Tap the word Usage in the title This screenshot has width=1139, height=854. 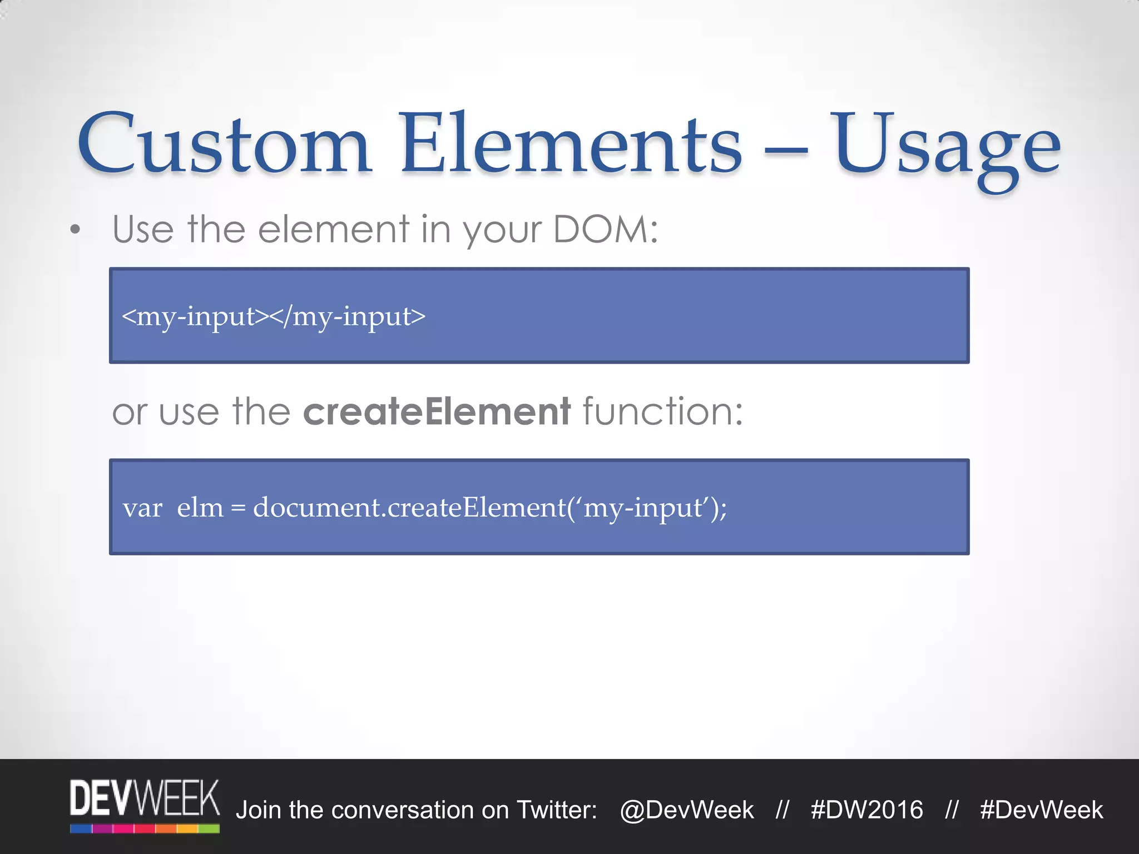[945, 147]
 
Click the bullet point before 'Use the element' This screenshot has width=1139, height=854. [75, 230]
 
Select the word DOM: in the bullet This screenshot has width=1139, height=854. [606, 229]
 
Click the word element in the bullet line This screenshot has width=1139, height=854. [334, 229]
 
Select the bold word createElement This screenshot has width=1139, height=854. [437, 411]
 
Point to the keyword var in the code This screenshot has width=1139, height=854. [142, 508]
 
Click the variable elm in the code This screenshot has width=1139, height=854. [200, 508]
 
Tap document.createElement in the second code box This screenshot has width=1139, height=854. [409, 508]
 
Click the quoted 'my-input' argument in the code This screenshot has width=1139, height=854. [645, 508]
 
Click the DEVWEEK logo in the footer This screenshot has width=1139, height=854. [145, 805]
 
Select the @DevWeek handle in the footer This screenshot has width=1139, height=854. [687, 810]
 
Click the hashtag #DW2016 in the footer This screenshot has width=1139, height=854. [866, 810]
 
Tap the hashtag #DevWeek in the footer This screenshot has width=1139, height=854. [1041, 810]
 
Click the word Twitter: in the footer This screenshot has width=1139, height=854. [557, 810]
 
